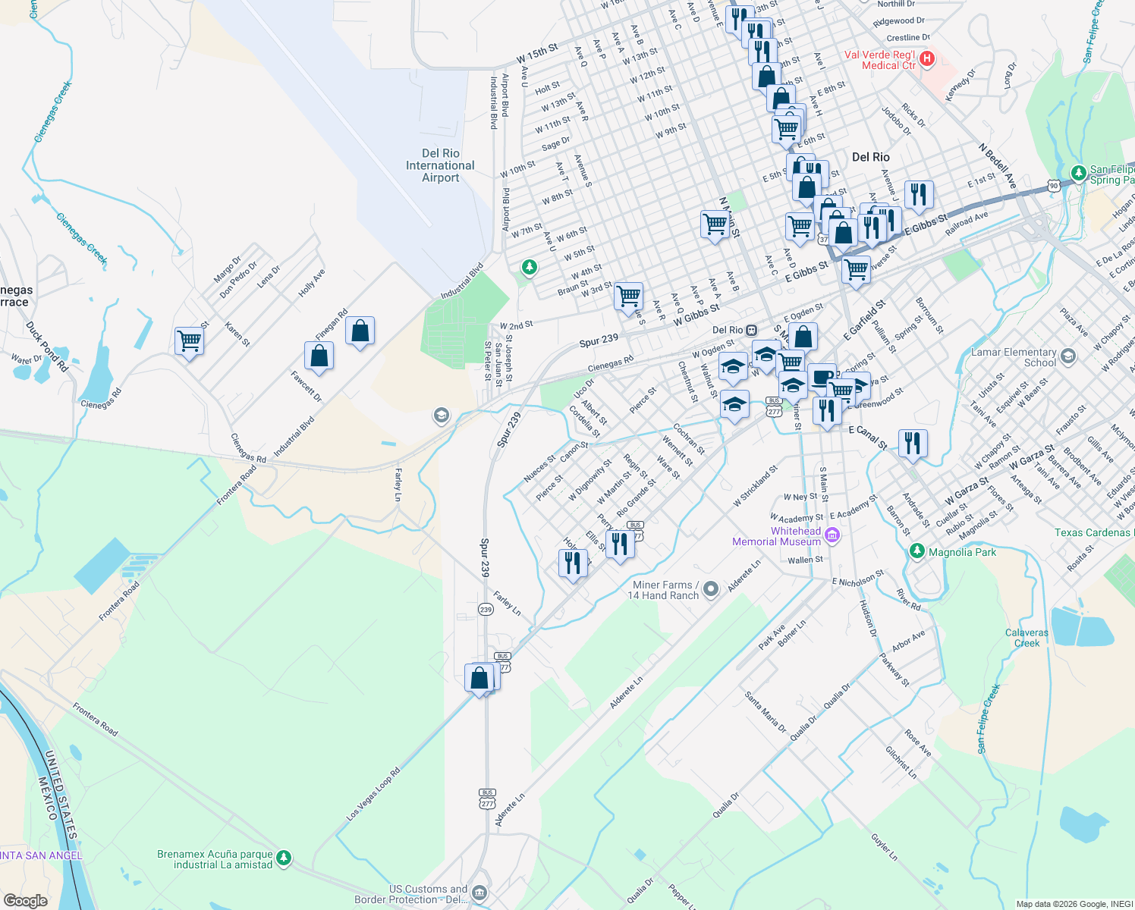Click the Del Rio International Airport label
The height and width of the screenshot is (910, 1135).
[440, 165]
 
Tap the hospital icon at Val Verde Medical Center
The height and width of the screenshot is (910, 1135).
[926, 58]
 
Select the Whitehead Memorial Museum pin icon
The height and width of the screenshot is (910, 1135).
[832, 536]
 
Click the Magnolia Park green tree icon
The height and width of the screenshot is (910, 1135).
[917, 551]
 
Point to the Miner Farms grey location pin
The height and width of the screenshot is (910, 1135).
[711, 588]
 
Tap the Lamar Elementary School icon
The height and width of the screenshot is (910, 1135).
[1068, 356]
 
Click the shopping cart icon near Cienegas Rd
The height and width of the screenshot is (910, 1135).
[189, 340]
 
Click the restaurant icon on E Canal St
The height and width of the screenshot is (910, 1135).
[913, 443]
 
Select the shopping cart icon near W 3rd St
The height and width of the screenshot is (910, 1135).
[628, 296]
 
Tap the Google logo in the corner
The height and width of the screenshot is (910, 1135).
[26, 900]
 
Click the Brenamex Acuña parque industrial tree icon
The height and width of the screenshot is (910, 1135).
[284, 858]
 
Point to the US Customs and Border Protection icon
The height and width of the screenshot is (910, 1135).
[479, 893]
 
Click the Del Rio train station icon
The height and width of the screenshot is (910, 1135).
[751, 330]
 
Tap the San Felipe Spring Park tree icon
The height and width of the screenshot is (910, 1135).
[1078, 174]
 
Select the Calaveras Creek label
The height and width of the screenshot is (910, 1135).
[1027, 638]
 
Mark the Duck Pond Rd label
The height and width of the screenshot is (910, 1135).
[47, 347]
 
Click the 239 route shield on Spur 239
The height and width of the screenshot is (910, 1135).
[486, 609]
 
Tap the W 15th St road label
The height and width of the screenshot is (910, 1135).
[537, 53]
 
